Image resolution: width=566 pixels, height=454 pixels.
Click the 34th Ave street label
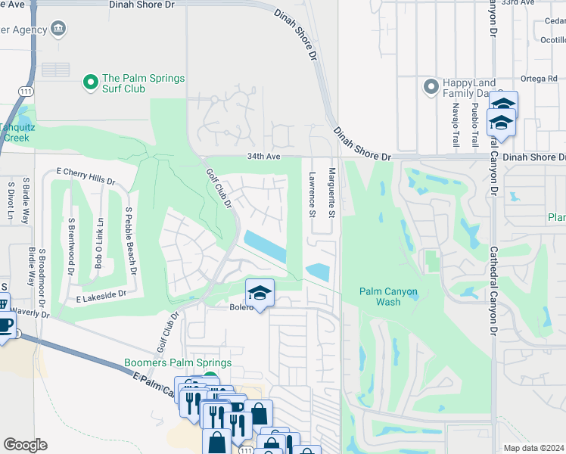click(263, 157)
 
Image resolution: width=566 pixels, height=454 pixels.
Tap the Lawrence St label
click(312, 194)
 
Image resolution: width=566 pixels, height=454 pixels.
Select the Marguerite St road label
click(331, 194)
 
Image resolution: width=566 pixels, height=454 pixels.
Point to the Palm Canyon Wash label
click(389, 297)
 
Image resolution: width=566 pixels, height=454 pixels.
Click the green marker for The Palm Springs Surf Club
click(91, 79)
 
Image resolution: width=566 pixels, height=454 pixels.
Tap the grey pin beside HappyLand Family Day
click(432, 86)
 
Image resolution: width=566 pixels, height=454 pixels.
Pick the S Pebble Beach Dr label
click(130, 241)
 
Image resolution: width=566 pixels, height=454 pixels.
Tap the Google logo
click(25, 445)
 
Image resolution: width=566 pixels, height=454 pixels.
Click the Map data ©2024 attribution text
click(533, 448)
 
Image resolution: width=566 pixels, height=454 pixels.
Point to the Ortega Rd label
click(538, 77)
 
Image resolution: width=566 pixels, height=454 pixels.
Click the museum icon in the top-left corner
click(58, 30)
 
